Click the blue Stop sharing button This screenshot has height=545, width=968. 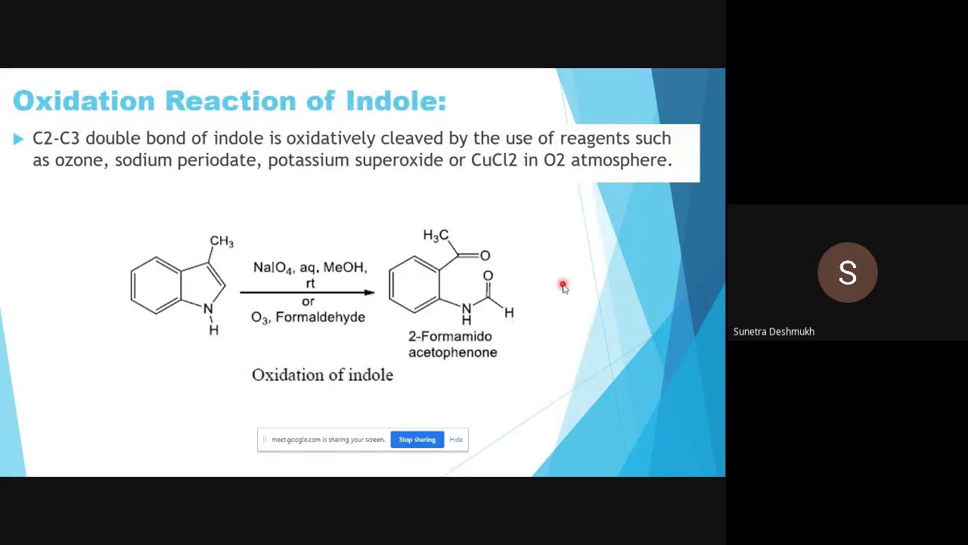(417, 440)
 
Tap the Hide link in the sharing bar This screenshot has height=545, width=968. (456, 440)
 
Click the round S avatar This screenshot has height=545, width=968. (847, 272)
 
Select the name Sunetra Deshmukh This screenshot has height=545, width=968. (774, 332)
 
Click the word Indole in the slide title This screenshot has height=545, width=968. (396, 101)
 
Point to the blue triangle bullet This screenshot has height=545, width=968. (18, 139)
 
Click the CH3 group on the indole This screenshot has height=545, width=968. (222, 241)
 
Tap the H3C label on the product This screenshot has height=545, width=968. (436, 235)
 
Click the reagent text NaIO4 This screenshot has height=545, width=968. (273, 268)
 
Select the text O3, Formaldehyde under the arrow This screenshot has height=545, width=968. (308, 317)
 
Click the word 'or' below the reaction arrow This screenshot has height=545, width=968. (308, 301)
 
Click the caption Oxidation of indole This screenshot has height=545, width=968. (322, 375)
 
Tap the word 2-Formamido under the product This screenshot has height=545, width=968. (450, 336)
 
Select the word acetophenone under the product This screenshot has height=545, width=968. (452, 352)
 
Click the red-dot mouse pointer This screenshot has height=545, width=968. (563, 286)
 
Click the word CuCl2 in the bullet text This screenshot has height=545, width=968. (494, 160)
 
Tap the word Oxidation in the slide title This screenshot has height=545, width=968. (84, 101)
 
